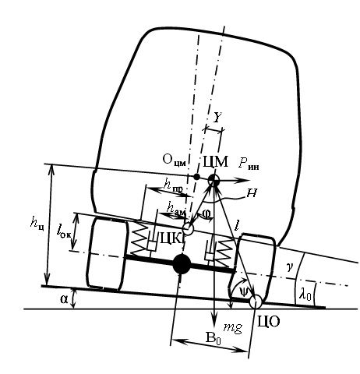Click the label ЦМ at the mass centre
215,162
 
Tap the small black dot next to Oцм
197,177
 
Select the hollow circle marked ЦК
188,229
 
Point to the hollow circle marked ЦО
256,302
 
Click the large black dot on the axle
182,264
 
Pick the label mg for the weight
233,327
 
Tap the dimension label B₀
213,338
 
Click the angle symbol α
64,299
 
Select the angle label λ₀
305,295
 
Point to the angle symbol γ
289,267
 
